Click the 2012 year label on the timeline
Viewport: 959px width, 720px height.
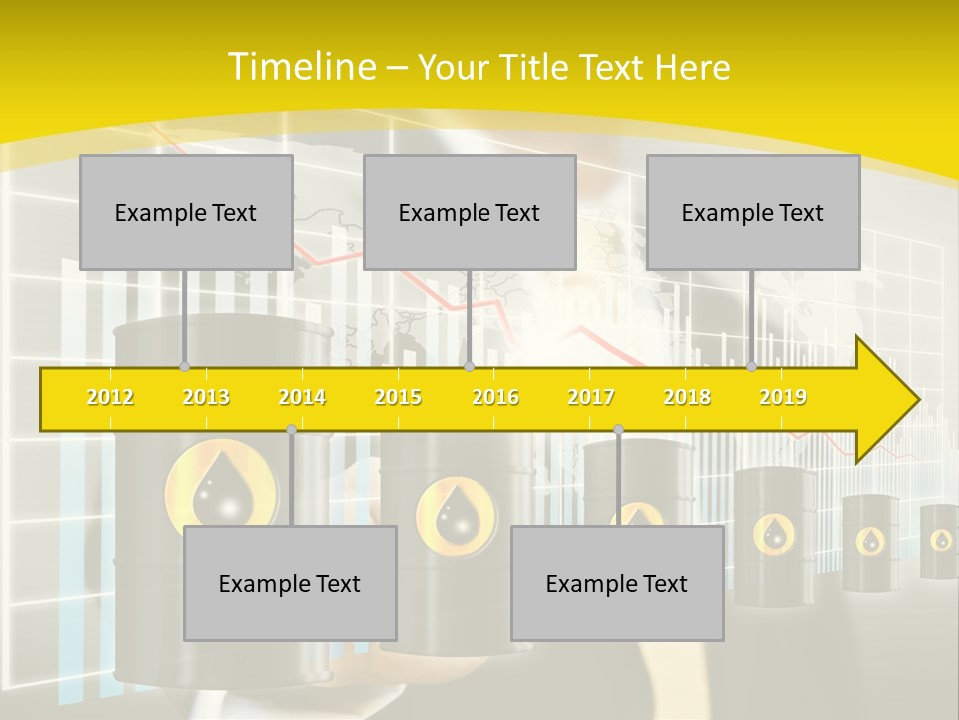point(110,397)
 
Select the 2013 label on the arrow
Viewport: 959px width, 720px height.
point(206,397)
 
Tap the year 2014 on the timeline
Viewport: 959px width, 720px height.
point(302,397)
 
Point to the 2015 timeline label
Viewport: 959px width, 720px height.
point(398,397)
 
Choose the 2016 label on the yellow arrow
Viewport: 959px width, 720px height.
point(495,397)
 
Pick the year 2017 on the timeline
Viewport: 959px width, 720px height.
point(591,397)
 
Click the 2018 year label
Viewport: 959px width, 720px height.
point(687,397)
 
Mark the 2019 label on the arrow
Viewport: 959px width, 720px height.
point(783,397)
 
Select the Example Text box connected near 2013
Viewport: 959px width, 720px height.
point(186,212)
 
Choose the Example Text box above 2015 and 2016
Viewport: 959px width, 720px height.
point(470,212)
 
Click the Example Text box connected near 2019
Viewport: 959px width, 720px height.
point(753,212)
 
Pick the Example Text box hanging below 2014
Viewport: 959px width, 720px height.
point(290,583)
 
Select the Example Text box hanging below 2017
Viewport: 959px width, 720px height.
point(617,583)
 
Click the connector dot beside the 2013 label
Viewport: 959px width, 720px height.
point(184,366)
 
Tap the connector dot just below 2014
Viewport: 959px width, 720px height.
point(291,429)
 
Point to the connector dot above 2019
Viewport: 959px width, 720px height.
point(752,366)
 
